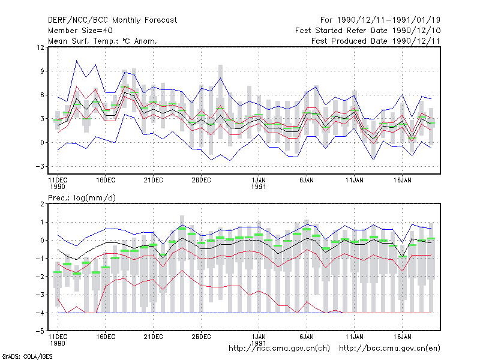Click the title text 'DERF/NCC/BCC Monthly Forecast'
click(112, 20)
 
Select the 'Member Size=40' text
click(80, 31)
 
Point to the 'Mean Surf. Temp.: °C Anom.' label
click(103, 41)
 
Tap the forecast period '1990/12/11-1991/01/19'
click(389, 20)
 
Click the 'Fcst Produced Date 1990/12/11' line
click(376, 41)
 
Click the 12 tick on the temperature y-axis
click(40, 47)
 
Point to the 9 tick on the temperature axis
click(42, 71)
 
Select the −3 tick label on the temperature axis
click(40, 166)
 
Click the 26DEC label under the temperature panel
click(201, 180)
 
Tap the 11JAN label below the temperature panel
click(355, 180)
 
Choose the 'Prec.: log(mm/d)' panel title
click(82, 198)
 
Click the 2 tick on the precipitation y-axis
click(42, 204)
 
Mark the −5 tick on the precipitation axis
click(40, 331)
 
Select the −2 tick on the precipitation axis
click(40, 277)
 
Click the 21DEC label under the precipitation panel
click(153, 337)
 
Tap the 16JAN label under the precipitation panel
click(402, 337)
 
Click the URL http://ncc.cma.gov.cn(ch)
click(279, 349)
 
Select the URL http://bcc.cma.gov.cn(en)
click(389, 349)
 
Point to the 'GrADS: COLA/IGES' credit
click(27, 356)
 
